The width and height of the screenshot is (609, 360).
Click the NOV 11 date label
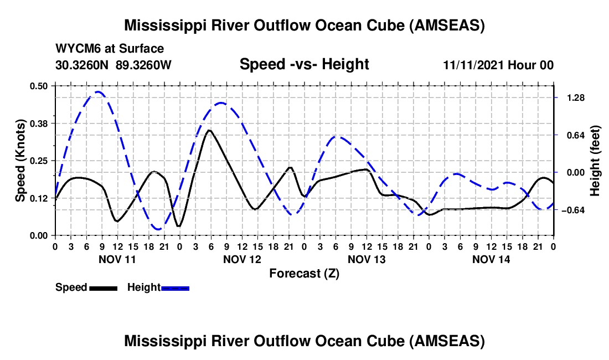pos(117,259)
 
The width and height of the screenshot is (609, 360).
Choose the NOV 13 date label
pos(367,259)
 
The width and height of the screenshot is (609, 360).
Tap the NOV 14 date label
pos(491,259)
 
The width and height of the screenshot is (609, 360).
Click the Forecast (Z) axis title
pos(304,273)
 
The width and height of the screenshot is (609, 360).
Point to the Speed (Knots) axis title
pos(20,161)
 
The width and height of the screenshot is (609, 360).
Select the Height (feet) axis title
pos(595,161)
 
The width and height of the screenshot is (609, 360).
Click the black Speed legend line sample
pos(102,288)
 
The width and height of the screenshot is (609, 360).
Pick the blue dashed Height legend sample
pos(175,288)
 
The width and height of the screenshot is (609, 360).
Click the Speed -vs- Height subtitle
pos(304,64)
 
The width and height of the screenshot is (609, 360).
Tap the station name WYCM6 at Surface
pos(110,49)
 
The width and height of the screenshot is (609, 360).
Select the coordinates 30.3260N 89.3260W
pos(113,65)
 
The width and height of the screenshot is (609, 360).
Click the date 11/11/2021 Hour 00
pos(498,65)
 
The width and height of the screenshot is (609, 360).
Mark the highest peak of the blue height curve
pos(98,92)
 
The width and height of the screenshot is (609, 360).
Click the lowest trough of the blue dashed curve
pos(158,229)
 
